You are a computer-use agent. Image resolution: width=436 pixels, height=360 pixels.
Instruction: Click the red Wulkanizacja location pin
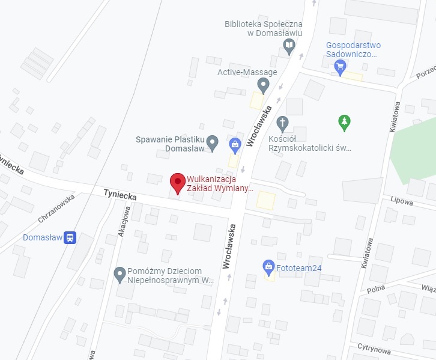[x=177, y=182]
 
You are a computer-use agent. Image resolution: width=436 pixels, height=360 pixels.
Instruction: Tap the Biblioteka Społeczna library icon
[x=289, y=45]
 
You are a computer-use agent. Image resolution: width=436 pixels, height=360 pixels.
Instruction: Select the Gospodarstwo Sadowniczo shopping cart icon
[x=341, y=66]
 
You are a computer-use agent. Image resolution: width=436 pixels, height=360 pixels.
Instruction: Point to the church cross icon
[x=283, y=124]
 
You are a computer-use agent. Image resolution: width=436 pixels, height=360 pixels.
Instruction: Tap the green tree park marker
[x=344, y=123]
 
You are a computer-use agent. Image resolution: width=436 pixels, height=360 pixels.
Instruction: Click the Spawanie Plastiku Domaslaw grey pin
[x=212, y=142]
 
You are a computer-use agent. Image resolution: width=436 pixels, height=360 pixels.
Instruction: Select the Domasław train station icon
[x=70, y=237]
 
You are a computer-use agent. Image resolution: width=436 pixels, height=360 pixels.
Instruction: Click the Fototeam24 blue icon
[x=269, y=266]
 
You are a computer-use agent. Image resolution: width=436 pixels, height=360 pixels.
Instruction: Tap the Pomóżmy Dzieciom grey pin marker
[x=120, y=275]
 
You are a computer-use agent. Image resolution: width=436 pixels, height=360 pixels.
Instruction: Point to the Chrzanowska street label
[x=56, y=208]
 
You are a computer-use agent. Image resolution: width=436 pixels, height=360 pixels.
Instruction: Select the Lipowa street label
[x=401, y=202]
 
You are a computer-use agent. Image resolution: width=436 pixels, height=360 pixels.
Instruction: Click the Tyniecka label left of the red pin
[x=120, y=195]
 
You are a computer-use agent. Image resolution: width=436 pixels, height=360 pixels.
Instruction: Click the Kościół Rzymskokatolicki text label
[x=318, y=142]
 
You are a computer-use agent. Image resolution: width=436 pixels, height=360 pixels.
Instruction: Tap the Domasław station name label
[x=42, y=237]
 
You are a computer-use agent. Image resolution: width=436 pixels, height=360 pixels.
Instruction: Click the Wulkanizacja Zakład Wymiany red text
[x=220, y=183]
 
